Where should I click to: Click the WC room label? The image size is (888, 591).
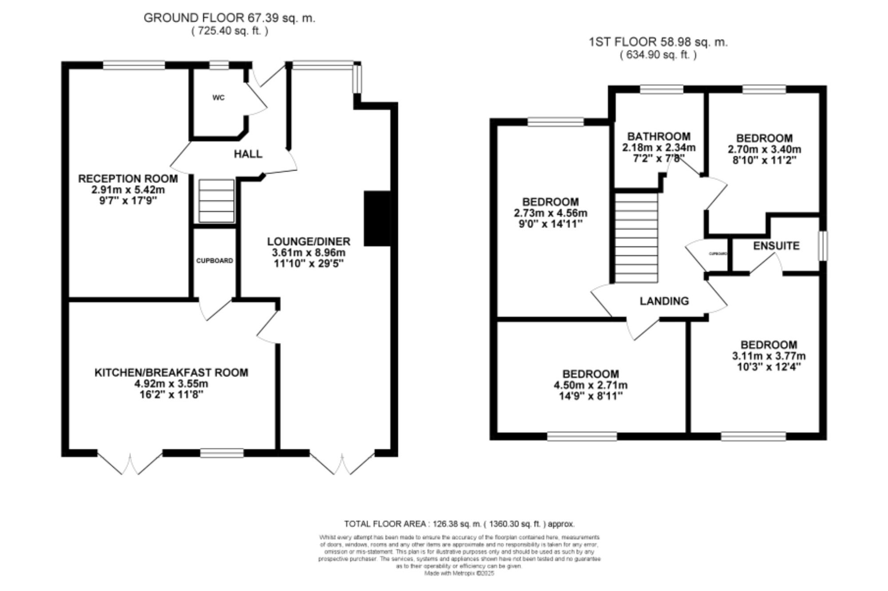[218, 98]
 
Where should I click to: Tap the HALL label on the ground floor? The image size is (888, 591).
[248, 154]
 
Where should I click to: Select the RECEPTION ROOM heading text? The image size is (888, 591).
[128, 179]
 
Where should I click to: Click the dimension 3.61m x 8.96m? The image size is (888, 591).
[309, 253]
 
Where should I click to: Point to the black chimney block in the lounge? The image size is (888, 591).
[377, 218]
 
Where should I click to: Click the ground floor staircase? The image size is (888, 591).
[216, 201]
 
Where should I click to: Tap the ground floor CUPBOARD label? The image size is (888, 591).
[214, 261]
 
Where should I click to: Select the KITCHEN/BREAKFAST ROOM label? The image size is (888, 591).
[171, 372]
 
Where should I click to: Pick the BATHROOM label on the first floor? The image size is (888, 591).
[658, 136]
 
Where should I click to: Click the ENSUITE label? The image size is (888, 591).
[776, 246]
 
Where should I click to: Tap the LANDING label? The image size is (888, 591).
[664, 301]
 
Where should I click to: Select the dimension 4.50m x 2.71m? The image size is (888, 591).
[591, 385]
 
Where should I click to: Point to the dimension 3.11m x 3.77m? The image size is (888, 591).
[769, 356]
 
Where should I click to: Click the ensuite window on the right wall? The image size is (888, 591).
[823, 245]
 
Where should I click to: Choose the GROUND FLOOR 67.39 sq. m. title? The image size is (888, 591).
[229, 18]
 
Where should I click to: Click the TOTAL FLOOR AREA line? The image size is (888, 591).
[459, 524]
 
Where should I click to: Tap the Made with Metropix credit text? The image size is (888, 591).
[459, 573]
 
